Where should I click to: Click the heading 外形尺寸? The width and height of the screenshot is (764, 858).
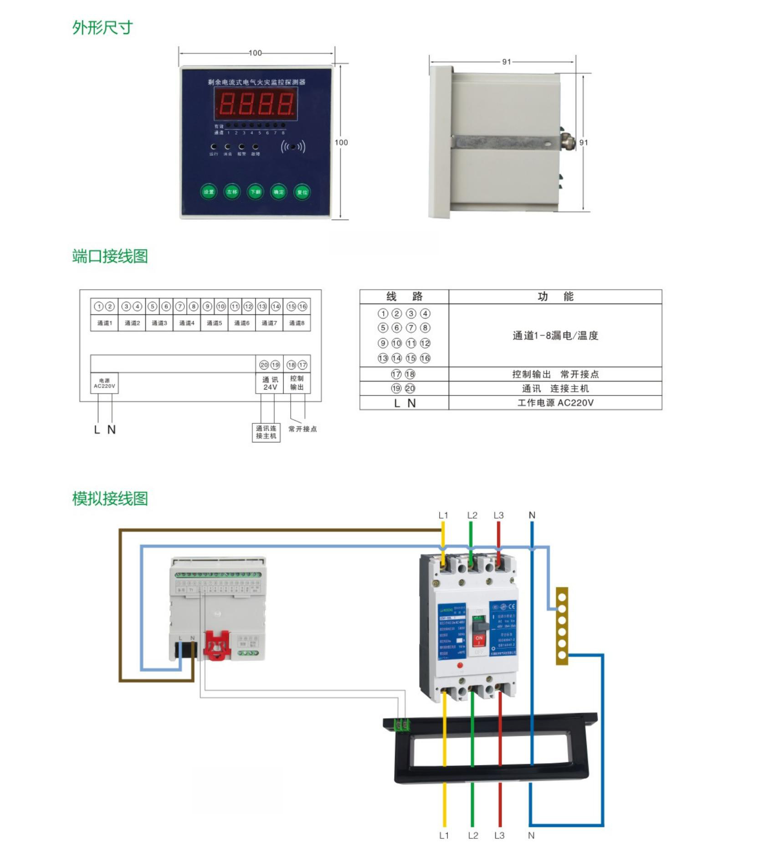pos(103,28)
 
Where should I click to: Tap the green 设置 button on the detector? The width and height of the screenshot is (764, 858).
pos(209,192)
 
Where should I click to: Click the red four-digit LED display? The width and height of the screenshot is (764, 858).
pos(256,104)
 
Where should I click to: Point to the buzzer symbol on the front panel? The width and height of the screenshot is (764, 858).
pos(293,147)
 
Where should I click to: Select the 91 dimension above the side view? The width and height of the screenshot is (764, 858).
pos(506,62)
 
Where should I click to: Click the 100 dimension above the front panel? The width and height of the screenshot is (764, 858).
pos(255,53)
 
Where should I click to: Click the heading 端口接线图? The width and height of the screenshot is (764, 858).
pos(110,257)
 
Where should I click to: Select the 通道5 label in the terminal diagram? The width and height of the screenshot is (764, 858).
pos(214,323)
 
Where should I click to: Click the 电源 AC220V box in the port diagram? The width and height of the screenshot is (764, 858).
pos(104,383)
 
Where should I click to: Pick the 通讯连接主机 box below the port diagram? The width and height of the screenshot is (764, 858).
pos(266,432)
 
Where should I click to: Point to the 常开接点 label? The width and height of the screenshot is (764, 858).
pos(303,429)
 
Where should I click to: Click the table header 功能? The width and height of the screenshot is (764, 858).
pos(555,297)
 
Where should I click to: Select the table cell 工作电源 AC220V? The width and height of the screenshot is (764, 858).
pos(555,403)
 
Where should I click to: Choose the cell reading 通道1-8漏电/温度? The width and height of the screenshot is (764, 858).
pos(555,336)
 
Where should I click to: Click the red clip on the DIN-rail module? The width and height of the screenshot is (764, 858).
pos(216,645)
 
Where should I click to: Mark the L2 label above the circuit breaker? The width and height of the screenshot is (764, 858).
pos(472,515)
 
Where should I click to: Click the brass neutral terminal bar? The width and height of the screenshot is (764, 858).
pos(562,626)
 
